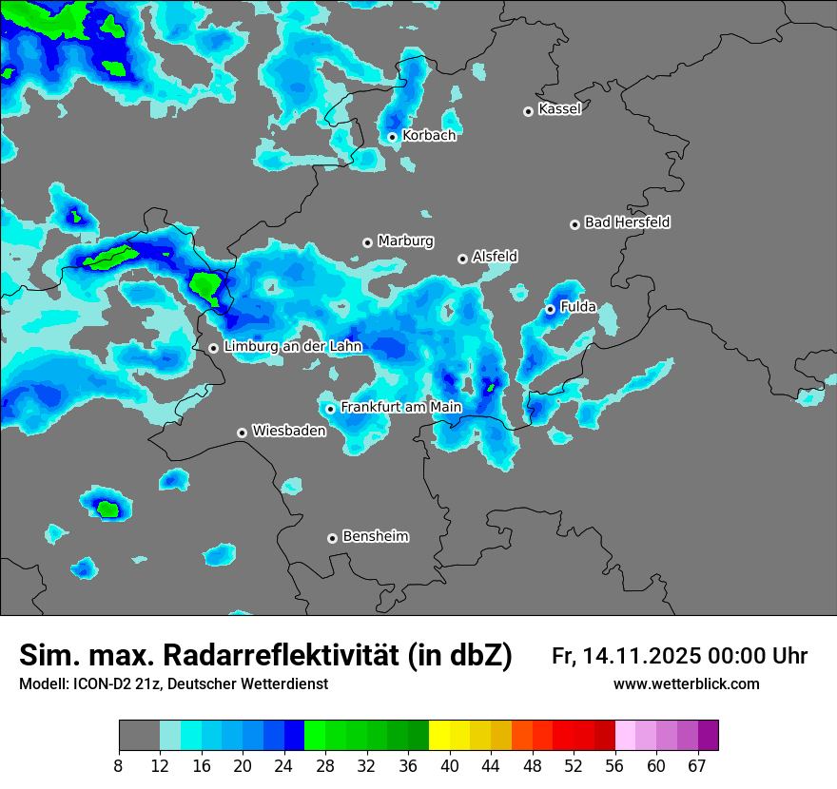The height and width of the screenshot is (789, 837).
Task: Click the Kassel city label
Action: (559, 109)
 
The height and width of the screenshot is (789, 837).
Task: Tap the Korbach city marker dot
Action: (392, 137)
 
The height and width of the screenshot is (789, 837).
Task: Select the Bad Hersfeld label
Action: (627, 222)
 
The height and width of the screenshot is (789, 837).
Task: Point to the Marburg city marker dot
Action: (367, 242)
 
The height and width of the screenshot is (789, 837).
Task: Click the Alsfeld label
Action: (495, 257)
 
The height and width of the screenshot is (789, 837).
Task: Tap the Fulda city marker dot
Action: (550, 309)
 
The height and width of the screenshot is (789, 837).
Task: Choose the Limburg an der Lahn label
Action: (292, 347)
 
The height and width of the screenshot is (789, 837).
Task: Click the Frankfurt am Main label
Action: (400, 407)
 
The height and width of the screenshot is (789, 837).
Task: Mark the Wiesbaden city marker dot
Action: (243, 433)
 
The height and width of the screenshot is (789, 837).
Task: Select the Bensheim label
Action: (375, 536)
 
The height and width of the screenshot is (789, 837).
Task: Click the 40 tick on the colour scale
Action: (450, 766)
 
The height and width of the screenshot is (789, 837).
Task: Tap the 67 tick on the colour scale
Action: (697, 766)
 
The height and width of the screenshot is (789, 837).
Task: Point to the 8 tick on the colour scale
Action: (119, 766)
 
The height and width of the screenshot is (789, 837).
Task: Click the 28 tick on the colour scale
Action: (325, 766)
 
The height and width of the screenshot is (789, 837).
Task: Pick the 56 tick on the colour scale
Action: (615, 766)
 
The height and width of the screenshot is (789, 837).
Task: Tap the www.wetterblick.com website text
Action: (686, 684)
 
